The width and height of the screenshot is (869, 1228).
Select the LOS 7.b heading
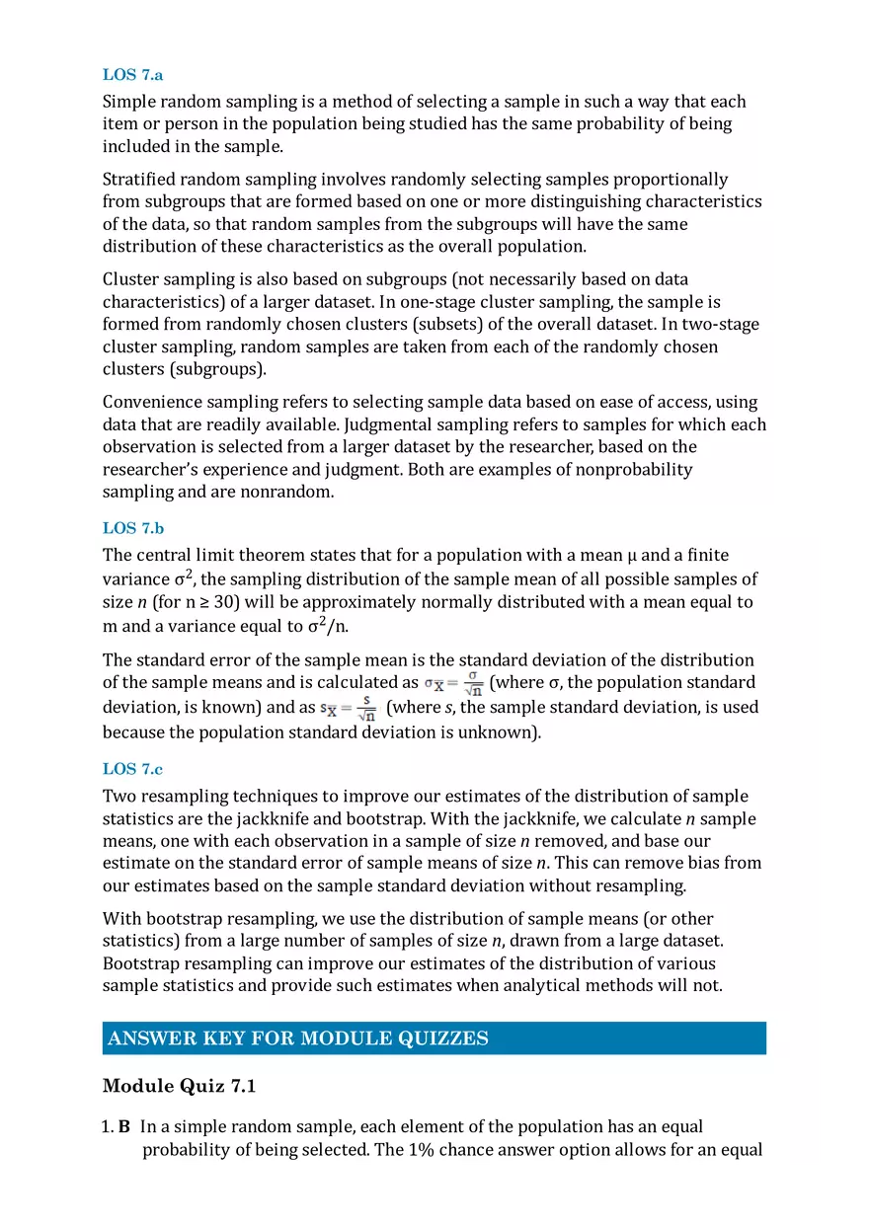(133, 528)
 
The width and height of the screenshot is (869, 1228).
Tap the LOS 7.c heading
(132, 769)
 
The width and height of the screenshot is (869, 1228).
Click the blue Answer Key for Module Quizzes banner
(434, 1037)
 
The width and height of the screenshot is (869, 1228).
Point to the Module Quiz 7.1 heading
(179, 1087)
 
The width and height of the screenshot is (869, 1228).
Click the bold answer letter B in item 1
(124, 1126)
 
